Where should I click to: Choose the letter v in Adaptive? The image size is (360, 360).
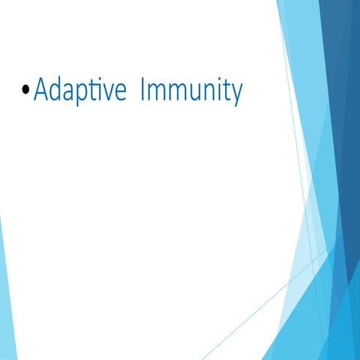(110, 94)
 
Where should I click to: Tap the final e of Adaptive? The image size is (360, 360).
(122, 94)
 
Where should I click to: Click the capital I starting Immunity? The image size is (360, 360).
(143, 91)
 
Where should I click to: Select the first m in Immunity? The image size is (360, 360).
(156, 94)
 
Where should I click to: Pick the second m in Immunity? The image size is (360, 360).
(177, 94)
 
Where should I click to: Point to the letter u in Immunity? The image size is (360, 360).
(195, 94)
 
